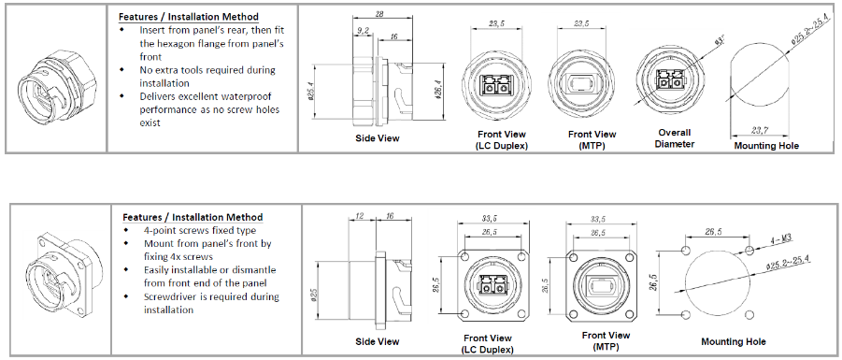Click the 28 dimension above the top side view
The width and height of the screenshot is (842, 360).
[x=379, y=15]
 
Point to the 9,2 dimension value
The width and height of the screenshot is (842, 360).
[x=363, y=31]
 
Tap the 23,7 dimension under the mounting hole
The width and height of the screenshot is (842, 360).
[x=760, y=129]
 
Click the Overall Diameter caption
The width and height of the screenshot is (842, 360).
[x=675, y=138]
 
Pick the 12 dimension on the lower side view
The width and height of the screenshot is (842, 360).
[x=360, y=215]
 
